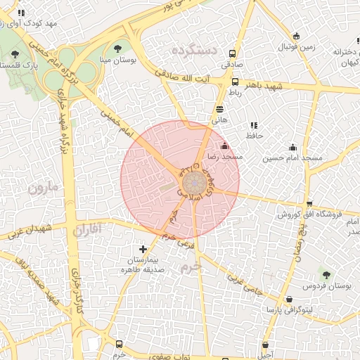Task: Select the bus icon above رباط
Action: click(x=235, y=82)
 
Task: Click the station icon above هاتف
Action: click(x=220, y=109)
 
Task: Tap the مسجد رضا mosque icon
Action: click(x=224, y=146)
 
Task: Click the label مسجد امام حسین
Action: click(x=292, y=158)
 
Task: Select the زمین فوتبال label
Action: click(x=296, y=48)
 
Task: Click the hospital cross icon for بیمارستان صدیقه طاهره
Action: click(x=143, y=249)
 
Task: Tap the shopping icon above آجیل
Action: click(x=265, y=345)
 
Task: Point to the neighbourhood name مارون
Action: click(x=46, y=188)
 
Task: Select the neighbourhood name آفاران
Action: click(x=86, y=229)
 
